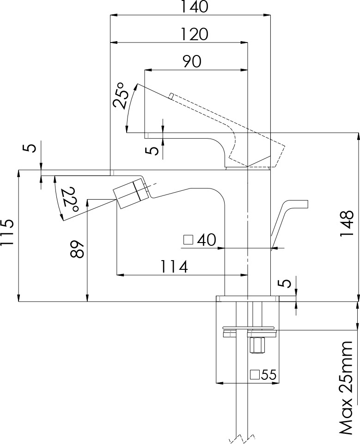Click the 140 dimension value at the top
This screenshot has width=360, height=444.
(194, 7)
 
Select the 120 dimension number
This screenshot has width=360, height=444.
(194, 34)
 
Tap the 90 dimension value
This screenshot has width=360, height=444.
(191, 61)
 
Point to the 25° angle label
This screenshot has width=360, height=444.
(119, 96)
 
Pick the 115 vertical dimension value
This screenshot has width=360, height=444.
(7, 233)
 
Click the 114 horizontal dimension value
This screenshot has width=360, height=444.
(175, 267)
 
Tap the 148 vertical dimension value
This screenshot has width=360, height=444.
(347, 224)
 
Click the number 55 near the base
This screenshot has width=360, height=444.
(268, 375)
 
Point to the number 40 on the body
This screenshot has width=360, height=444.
(206, 240)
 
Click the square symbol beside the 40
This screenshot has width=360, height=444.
(189, 239)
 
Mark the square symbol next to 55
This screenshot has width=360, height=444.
(255, 375)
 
